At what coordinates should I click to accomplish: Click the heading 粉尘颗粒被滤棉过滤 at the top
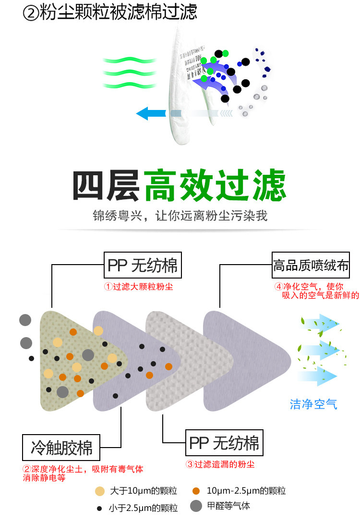[x=117, y=13]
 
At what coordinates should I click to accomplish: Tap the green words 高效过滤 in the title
[x=215, y=185]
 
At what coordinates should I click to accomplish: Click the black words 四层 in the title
[x=107, y=185]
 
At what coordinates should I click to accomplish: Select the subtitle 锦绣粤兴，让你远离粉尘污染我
[x=180, y=216]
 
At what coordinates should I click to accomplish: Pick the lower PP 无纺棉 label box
[x=224, y=442]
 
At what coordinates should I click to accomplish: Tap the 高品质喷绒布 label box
[x=311, y=265]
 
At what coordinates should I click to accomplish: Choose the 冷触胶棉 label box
[x=61, y=447]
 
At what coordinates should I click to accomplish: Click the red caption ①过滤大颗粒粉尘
[x=139, y=287]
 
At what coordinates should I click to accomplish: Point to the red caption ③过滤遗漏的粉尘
[x=220, y=464]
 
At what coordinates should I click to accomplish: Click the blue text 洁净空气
[x=313, y=404]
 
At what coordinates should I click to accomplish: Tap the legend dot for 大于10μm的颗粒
[x=99, y=491]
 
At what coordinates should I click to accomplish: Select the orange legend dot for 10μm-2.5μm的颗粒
[x=195, y=491]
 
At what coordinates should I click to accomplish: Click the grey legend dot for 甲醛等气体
[x=195, y=506]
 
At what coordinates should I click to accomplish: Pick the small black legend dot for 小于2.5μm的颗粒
[x=99, y=508]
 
